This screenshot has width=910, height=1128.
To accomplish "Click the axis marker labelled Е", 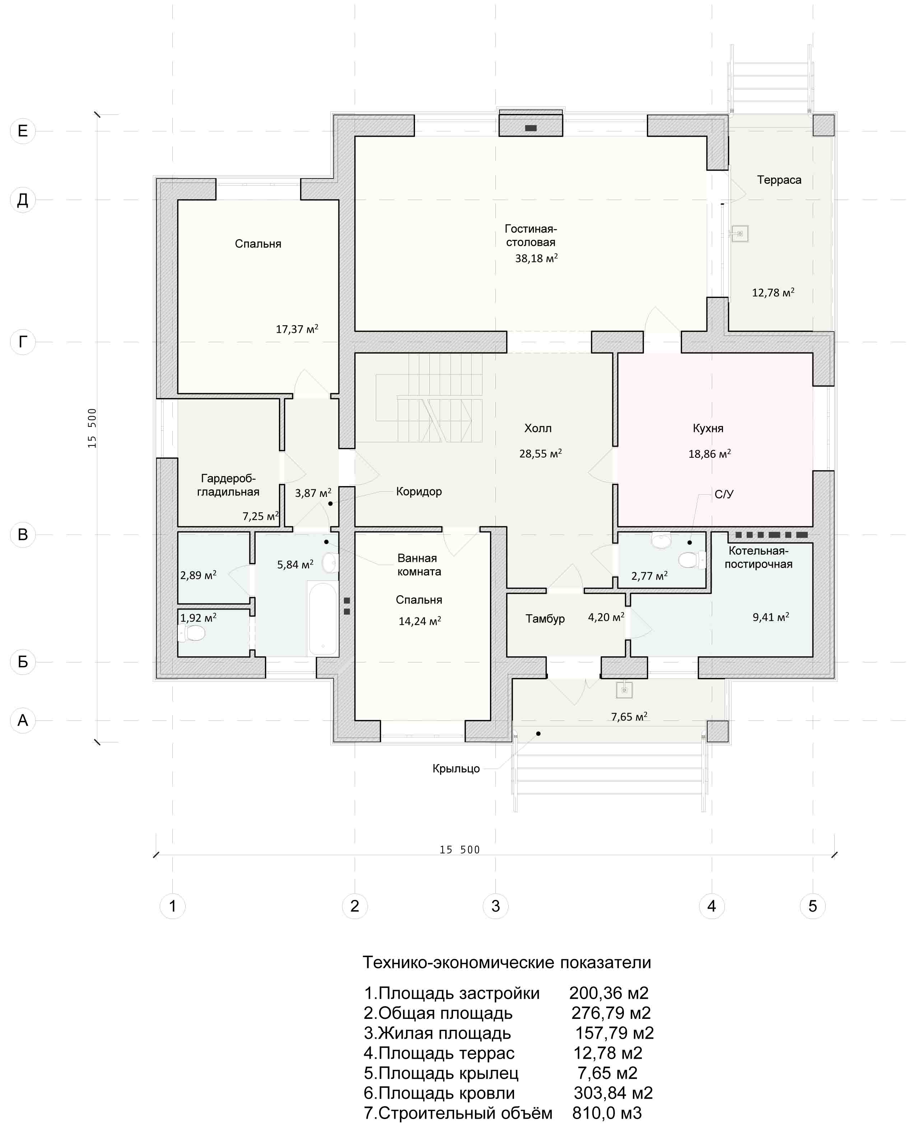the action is (x=23, y=131).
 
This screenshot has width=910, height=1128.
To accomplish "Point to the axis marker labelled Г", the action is (x=23, y=342).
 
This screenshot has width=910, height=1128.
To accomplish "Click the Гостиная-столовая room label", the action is (x=531, y=236).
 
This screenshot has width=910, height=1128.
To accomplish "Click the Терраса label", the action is (x=779, y=180).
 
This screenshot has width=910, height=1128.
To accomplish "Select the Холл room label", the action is (x=538, y=428).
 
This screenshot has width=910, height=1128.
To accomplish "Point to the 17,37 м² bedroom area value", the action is (x=297, y=329).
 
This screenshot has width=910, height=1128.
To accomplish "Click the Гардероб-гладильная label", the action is (x=228, y=485).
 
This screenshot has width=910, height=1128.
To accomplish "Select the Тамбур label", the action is (x=545, y=619).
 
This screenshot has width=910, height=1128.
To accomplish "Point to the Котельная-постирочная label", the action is (x=758, y=557).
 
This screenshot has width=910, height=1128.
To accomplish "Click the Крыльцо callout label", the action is (x=456, y=768).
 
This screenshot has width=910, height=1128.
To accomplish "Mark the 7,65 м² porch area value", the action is (x=629, y=717).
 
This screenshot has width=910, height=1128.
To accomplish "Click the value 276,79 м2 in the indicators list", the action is (x=611, y=1013).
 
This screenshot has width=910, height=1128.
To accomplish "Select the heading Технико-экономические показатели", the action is (x=507, y=962).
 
